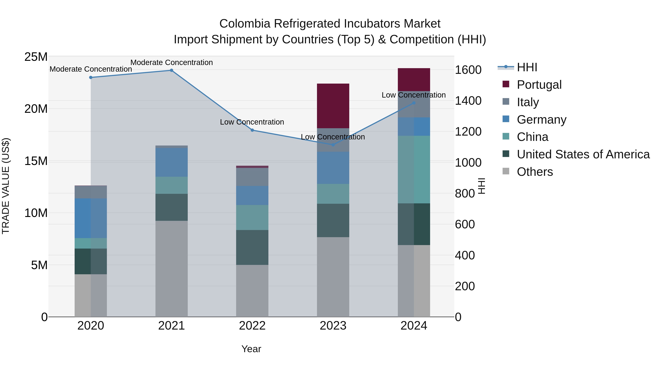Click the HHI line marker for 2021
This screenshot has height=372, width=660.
(x=171, y=70)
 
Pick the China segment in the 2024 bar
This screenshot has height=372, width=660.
(x=414, y=169)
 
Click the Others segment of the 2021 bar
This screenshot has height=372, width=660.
(x=171, y=269)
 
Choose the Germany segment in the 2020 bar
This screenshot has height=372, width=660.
(x=91, y=218)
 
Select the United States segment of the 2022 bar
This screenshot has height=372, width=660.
(x=252, y=247)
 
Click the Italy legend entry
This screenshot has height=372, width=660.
(x=528, y=102)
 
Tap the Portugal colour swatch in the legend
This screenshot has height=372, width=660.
(x=506, y=84)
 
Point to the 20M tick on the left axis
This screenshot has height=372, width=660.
(x=36, y=109)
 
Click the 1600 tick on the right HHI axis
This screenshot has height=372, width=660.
(x=468, y=70)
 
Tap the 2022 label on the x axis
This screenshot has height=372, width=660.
(x=252, y=326)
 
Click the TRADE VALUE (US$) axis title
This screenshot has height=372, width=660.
(x=6, y=186)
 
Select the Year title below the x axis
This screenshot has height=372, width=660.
(x=251, y=349)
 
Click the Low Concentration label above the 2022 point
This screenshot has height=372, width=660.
(x=252, y=122)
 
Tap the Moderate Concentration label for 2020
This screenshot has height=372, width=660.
(x=91, y=69)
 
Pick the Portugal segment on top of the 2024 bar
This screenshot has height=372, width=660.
(x=414, y=80)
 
